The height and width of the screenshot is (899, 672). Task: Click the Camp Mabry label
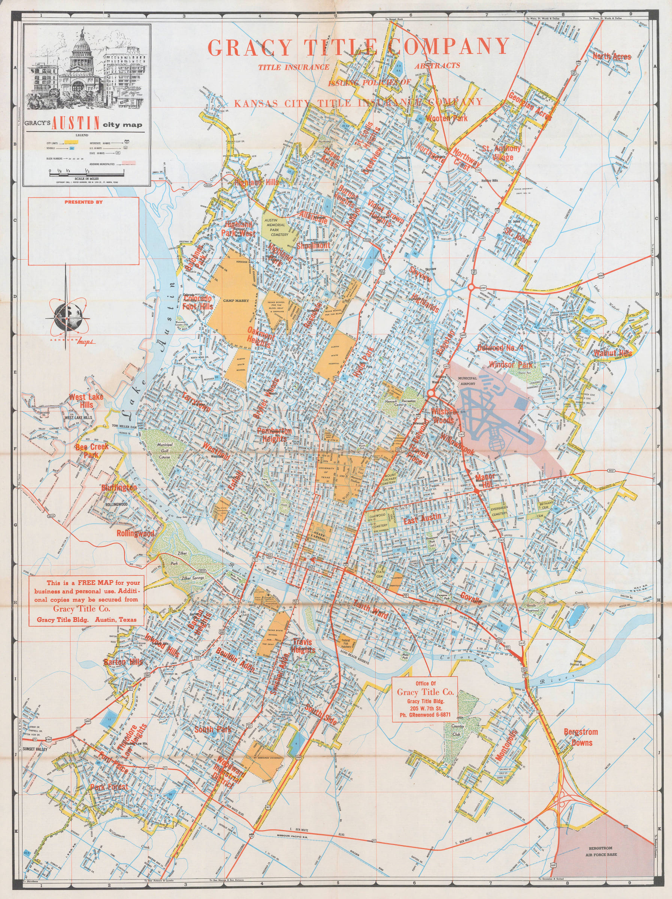(x=236, y=300)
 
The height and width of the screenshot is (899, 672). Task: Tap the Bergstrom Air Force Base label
(x=601, y=851)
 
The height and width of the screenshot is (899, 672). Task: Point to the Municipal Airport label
(x=467, y=381)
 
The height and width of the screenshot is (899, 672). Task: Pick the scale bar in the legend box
(x=87, y=173)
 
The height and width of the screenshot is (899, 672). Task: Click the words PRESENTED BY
(x=83, y=202)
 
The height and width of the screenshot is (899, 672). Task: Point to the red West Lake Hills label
(x=86, y=400)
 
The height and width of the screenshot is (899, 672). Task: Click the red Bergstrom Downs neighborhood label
(x=581, y=737)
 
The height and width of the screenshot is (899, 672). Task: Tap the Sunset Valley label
(x=35, y=749)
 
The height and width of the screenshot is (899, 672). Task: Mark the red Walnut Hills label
(x=613, y=353)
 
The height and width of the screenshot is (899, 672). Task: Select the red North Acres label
(x=611, y=57)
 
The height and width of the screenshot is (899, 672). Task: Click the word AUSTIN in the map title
(x=76, y=123)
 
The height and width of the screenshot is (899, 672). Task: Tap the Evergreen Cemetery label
(x=499, y=511)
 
